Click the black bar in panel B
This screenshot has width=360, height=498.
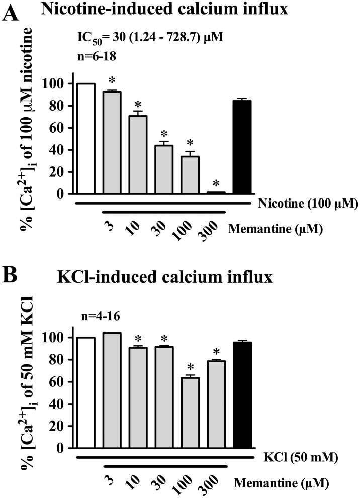[x=242, y=395]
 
